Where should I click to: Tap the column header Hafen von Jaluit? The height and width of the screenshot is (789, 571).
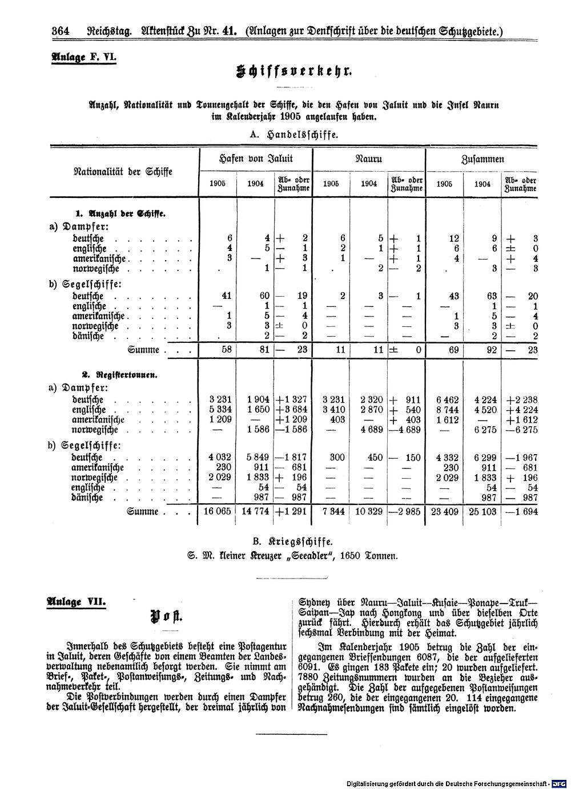coord(255,159)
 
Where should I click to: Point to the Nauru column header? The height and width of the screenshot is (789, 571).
coord(369,159)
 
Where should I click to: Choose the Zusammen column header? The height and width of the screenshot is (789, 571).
coord(482,159)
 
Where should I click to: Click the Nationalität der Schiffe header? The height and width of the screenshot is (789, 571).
coord(123,171)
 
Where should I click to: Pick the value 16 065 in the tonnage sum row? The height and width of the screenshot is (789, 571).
coord(217,512)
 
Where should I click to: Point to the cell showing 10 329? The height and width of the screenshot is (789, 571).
coord(368,512)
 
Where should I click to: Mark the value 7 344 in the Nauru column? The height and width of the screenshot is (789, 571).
coord(333,512)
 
